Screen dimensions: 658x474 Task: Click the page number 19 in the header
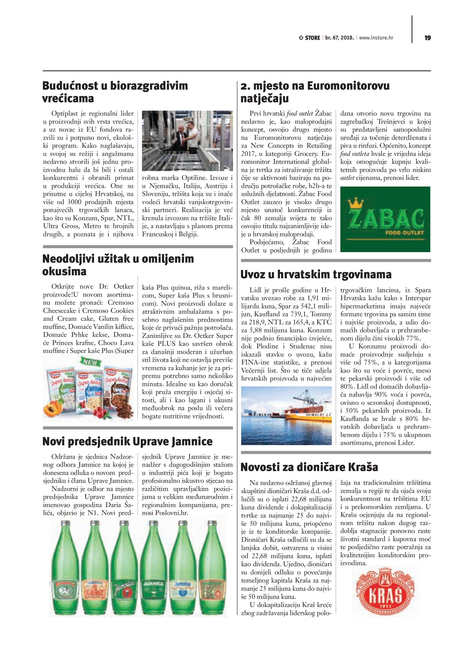coord(427,38)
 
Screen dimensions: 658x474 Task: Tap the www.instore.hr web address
coord(376,38)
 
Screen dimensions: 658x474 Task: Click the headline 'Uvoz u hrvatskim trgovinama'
coord(316,274)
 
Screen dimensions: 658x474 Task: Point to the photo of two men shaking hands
coord(187,140)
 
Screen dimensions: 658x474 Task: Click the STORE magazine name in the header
coord(312,38)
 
